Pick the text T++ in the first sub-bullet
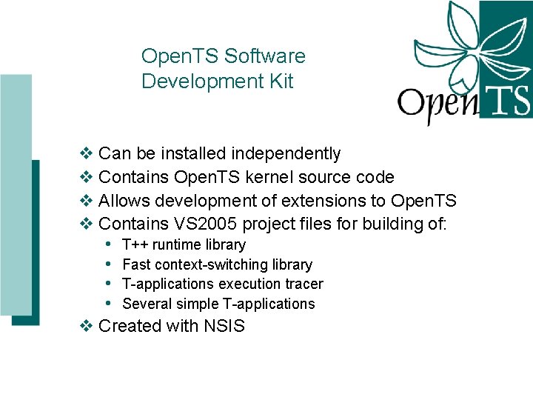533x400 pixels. [x=136, y=245]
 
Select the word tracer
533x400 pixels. [x=304, y=284]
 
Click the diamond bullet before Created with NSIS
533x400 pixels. [x=86, y=326]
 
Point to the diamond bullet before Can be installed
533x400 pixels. [x=86, y=154]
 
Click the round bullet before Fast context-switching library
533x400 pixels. [x=108, y=264]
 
